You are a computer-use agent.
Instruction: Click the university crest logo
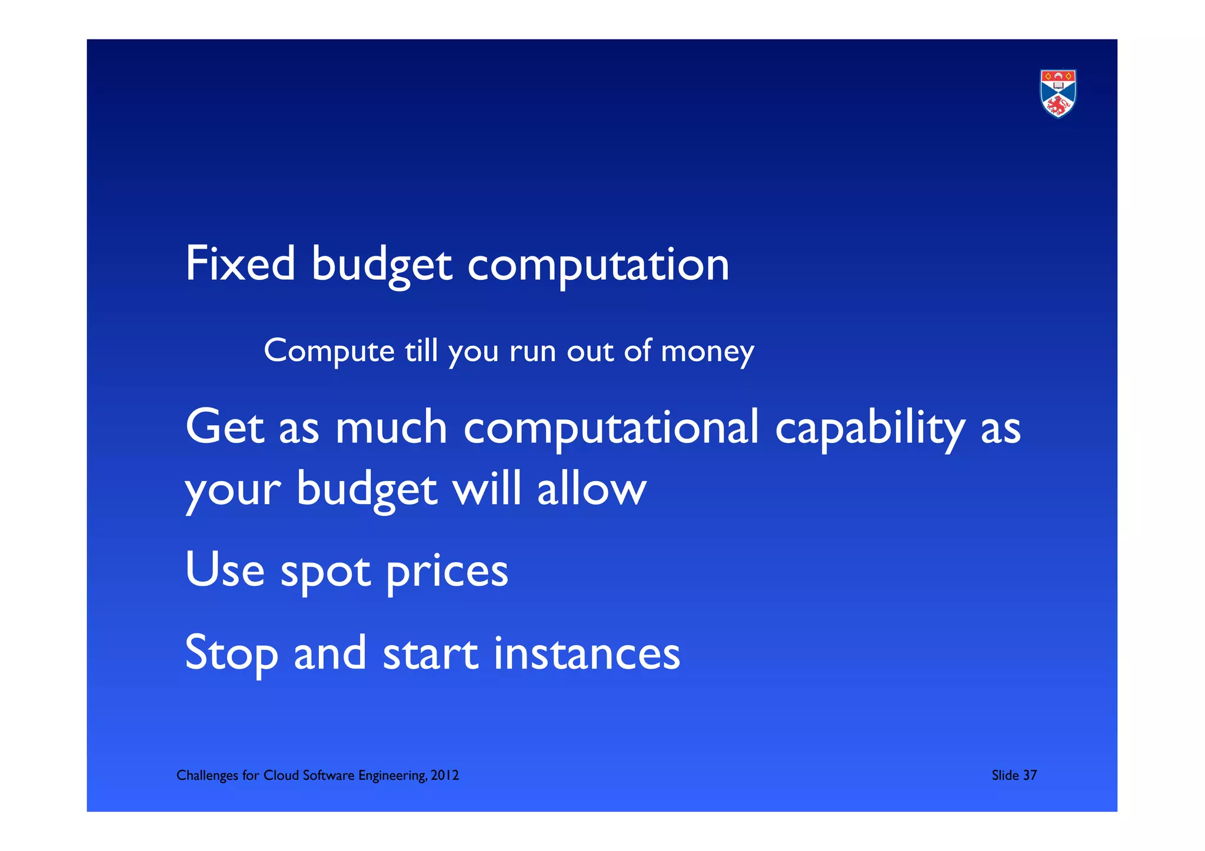[1058, 94]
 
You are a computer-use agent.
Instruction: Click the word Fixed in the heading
[240, 264]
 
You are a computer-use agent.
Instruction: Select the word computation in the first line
[598, 265]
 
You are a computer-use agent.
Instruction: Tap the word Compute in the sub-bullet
[329, 351]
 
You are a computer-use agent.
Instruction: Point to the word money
[707, 352]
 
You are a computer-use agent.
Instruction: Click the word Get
[224, 427]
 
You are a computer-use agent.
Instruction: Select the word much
[391, 427]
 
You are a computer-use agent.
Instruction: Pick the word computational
[611, 428]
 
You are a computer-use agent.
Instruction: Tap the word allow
[592, 489]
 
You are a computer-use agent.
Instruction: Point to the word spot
[325, 572]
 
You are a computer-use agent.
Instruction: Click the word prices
[447, 572]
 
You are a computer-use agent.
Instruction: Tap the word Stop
[231, 653]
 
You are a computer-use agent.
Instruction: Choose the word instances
[587, 653]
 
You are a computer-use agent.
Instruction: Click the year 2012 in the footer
[444, 776]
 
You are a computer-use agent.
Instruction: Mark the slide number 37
[1030, 776]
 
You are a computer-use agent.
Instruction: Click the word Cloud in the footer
[281, 776]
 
